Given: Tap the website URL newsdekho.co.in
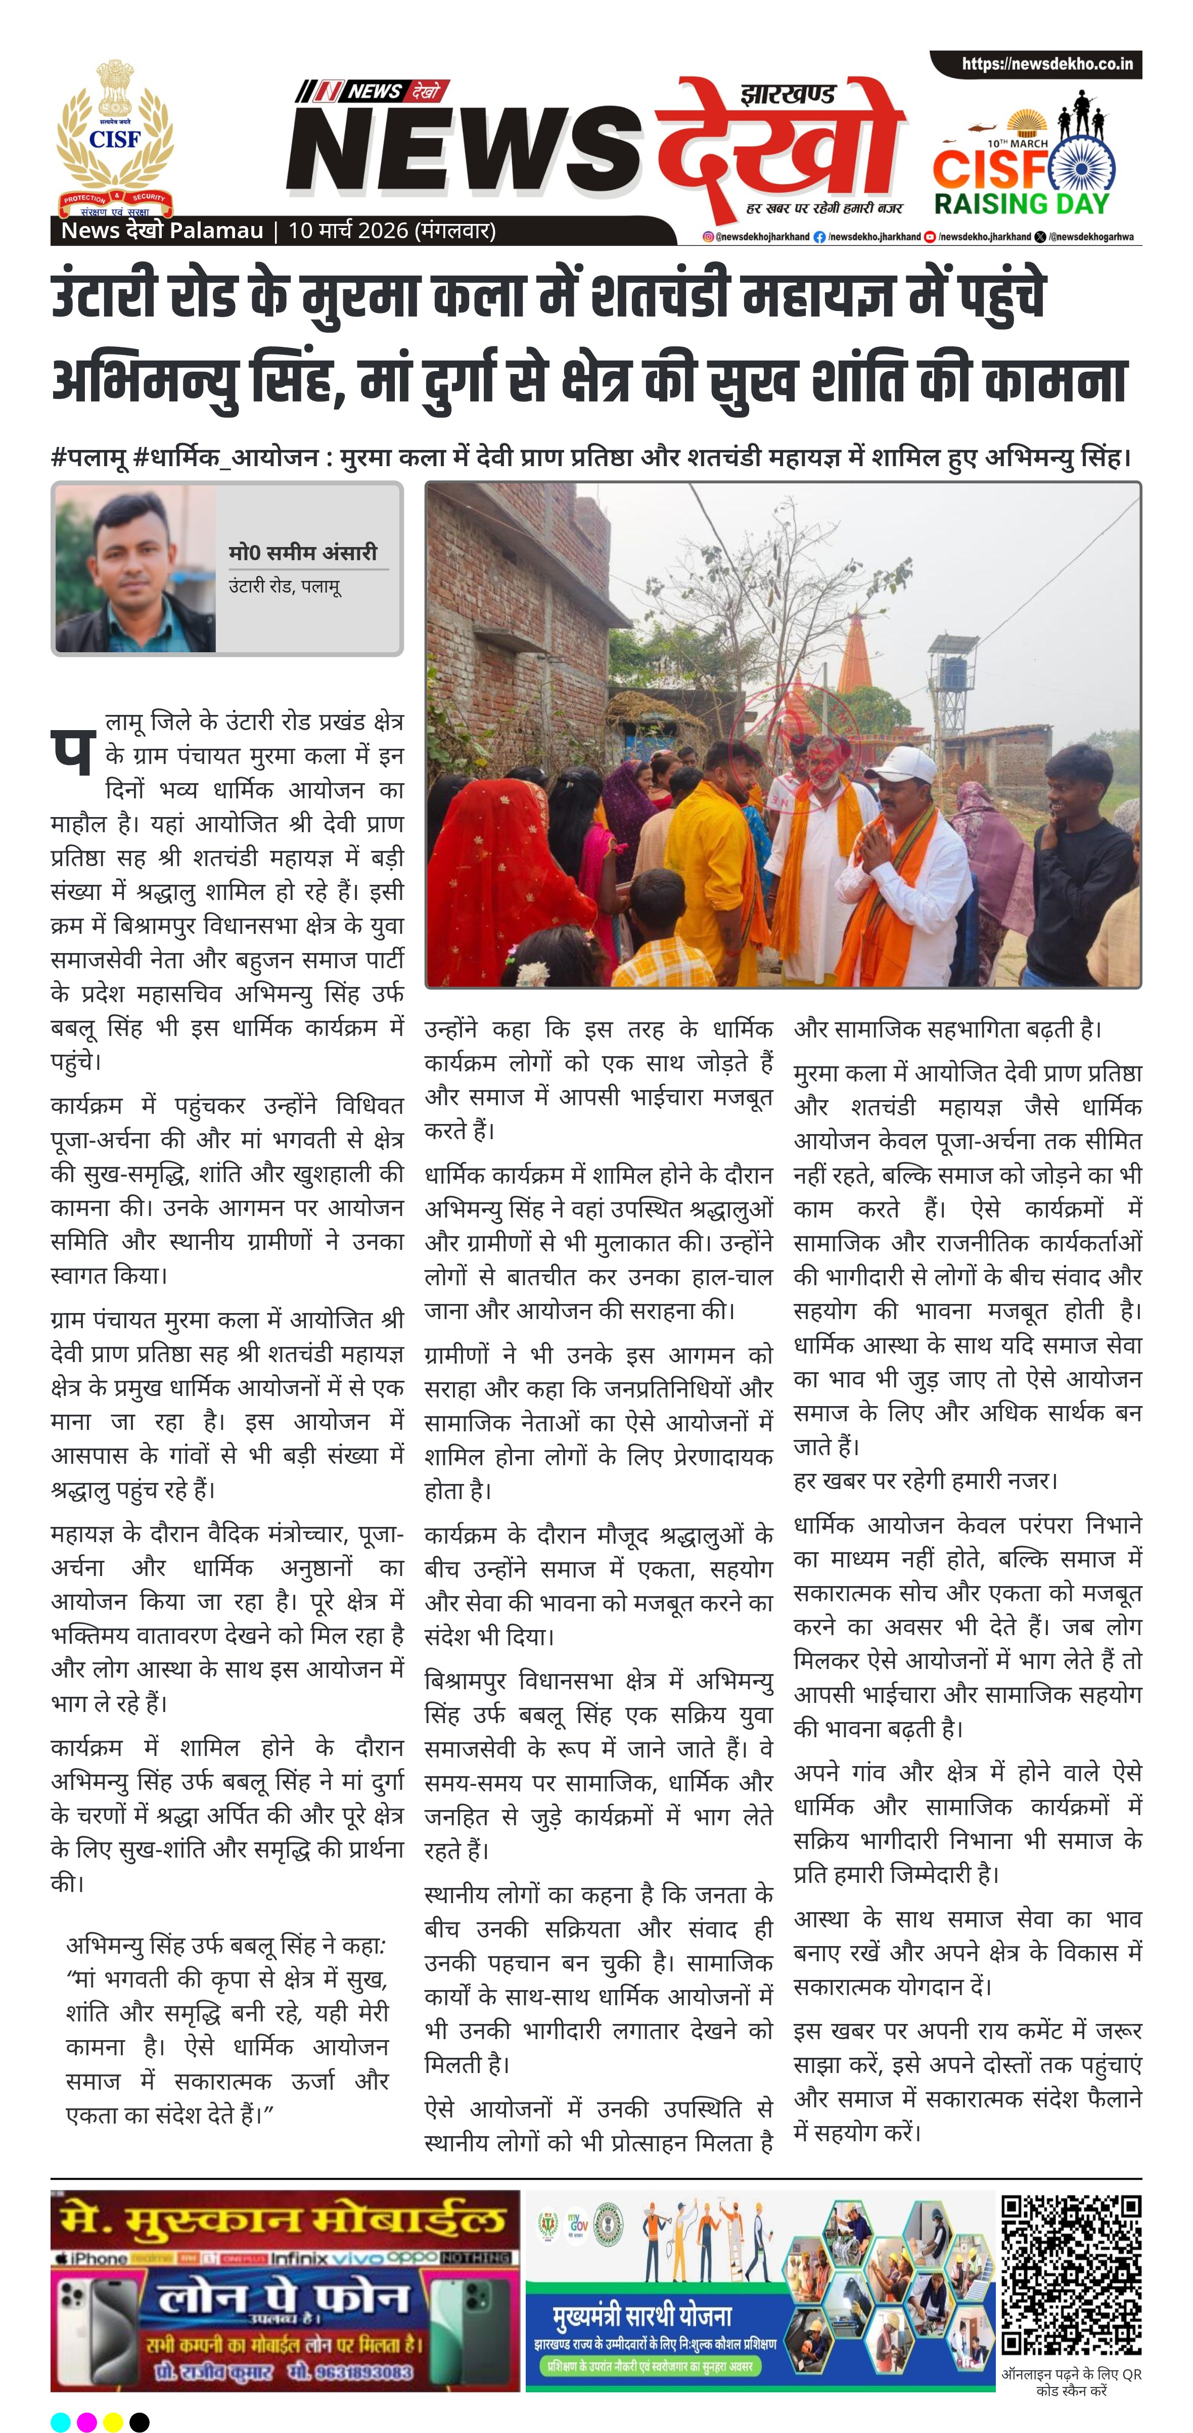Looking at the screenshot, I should (x=1046, y=64).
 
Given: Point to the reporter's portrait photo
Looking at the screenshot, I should (x=134, y=569).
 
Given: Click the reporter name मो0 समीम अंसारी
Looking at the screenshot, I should (x=302, y=553).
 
